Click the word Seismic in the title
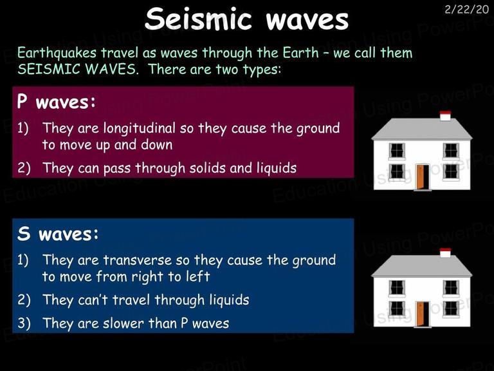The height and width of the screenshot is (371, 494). tap(199, 19)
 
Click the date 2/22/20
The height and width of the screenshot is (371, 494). tap(466, 10)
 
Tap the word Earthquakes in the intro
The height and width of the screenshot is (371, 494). tap(57, 53)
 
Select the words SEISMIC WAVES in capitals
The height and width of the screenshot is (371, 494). tap(77, 69)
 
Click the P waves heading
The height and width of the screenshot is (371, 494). tap(56, 102)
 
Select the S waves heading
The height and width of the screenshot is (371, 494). tap(58, 234)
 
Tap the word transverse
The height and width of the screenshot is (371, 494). tap(138, 260)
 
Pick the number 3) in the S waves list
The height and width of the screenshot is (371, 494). tap(24, 323)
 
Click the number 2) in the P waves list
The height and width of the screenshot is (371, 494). tap(24, 168)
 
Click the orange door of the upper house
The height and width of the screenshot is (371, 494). tap(420, 176)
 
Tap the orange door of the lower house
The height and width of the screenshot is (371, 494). tap(420, 314)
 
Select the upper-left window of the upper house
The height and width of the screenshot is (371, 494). tap(397, 151)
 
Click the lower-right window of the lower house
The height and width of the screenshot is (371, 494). tap(451, 309)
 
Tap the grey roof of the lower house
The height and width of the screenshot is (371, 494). tap(421, 266)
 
